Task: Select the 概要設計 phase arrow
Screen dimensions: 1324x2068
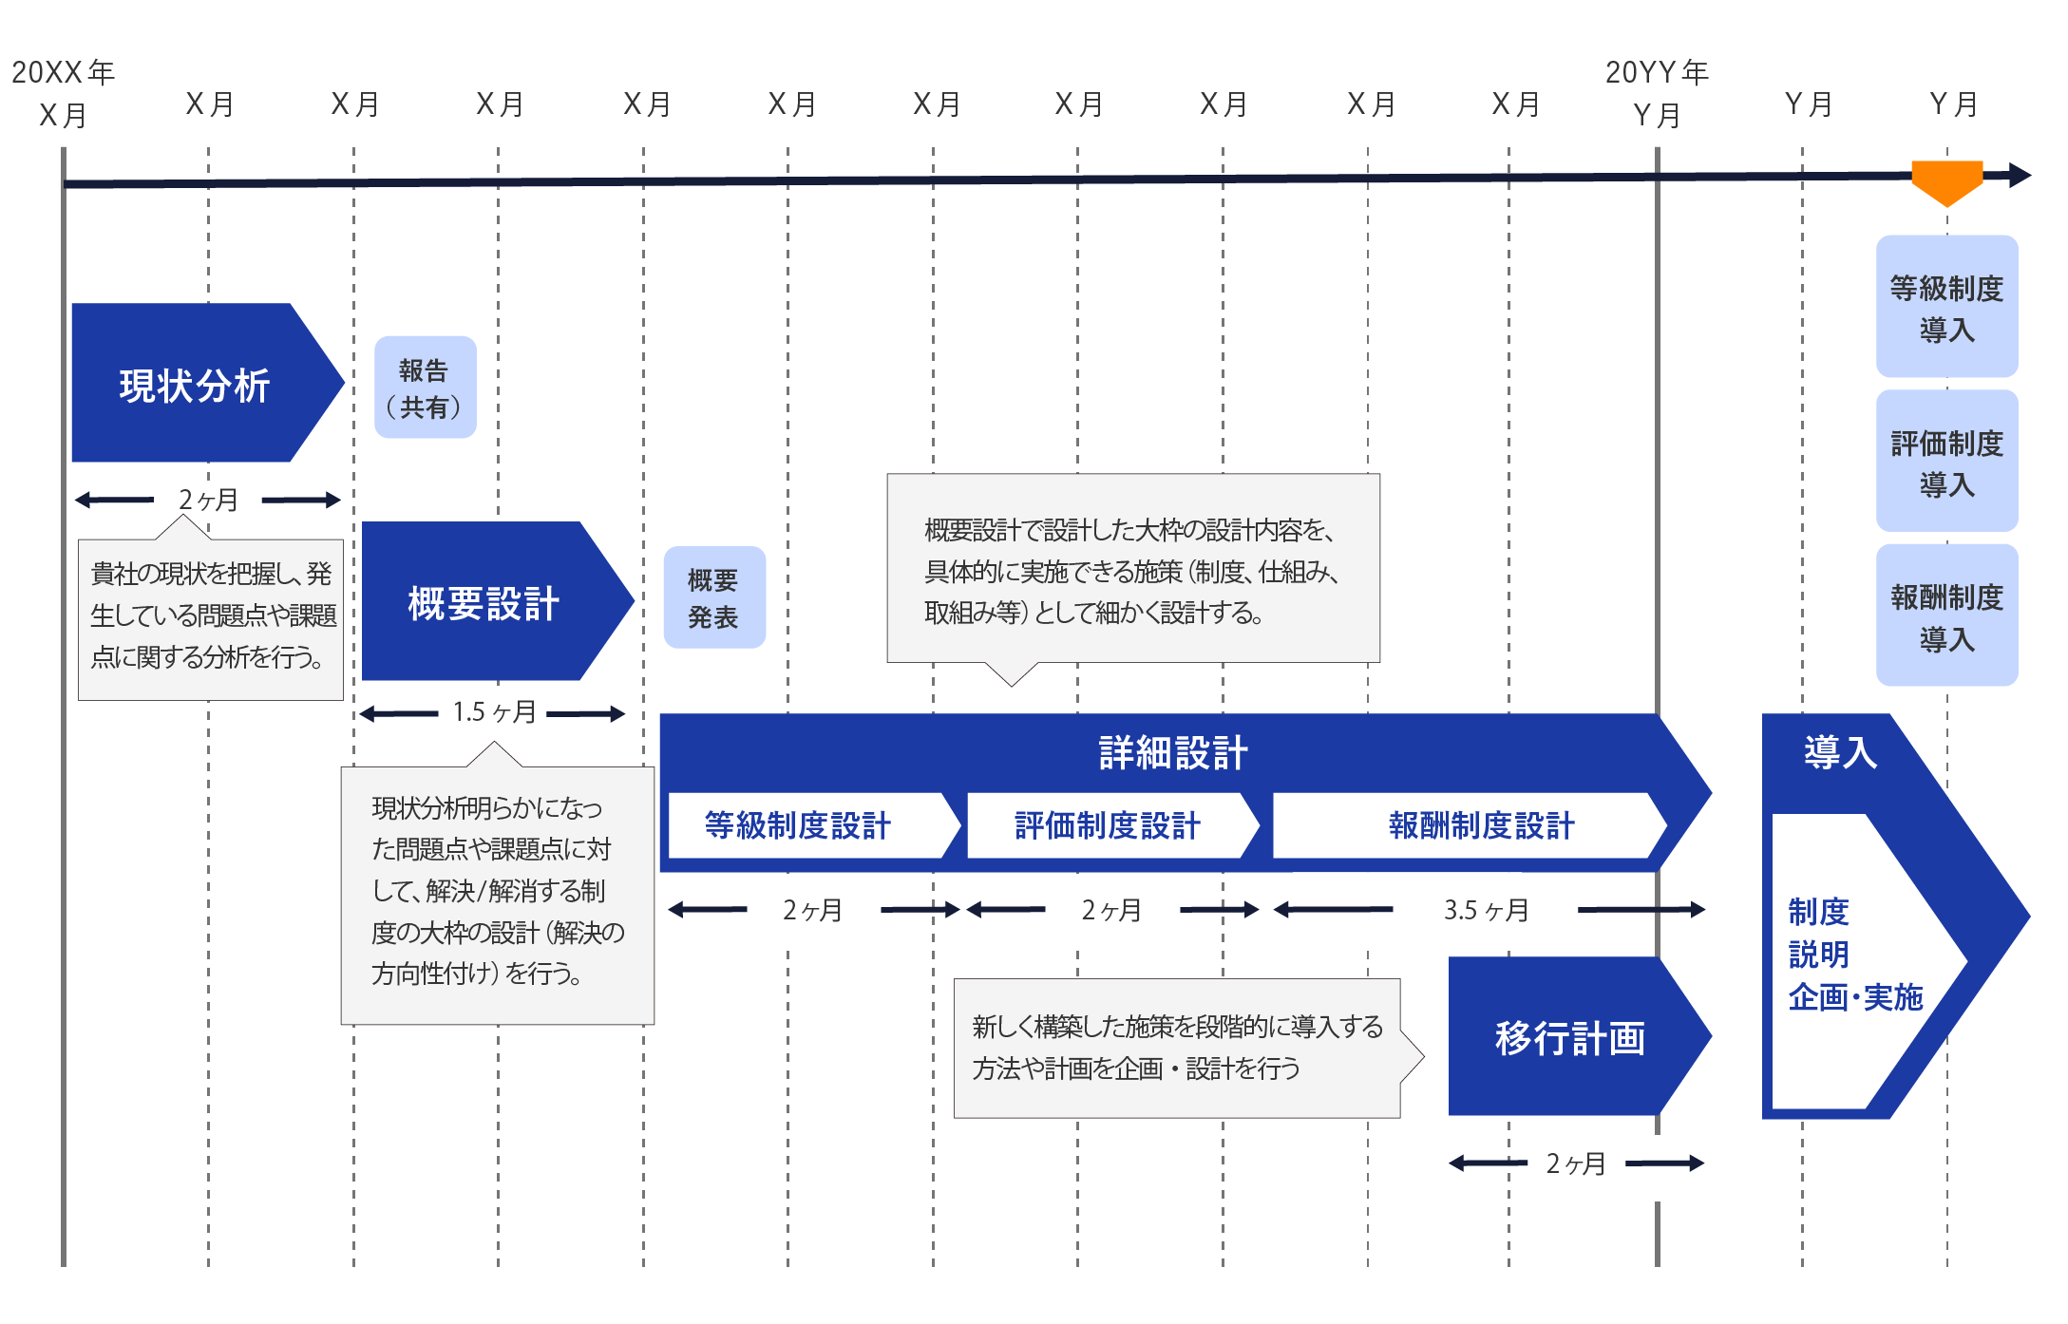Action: (484, 602)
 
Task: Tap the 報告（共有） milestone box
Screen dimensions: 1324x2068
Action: (425, 388)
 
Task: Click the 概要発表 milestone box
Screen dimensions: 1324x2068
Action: (714, 597)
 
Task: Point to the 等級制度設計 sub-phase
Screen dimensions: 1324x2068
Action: (798, 825)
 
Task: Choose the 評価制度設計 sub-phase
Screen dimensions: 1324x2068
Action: (1108, 825)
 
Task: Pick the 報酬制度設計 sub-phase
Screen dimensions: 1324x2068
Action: (1481, 825)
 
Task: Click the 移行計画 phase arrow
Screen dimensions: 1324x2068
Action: (1569, 1037)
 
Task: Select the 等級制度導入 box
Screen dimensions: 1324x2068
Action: (1946, 307)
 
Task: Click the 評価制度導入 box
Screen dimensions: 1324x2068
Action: (1946, 462)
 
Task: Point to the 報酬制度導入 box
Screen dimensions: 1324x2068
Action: (1946, 615)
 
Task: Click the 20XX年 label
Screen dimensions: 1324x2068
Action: (63, 72)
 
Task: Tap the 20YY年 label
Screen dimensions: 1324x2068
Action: (1657, 72)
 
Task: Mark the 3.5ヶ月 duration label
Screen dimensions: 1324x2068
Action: (1486, 910)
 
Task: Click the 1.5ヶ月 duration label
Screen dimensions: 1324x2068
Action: (494, 712)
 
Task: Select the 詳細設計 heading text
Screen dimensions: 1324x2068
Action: (1173, 752)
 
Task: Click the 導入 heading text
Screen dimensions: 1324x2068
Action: (1840, 752)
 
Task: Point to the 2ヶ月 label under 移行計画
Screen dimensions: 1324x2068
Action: (1576, 1163)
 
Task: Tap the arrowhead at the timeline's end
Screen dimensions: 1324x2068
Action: (2021, 176)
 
